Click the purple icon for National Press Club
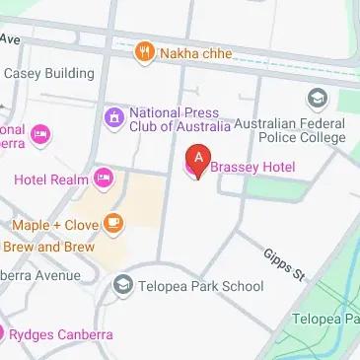click(114, 118)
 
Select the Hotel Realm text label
click(49, 179)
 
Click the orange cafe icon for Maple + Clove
click(113, 223)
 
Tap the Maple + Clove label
click(55, 224)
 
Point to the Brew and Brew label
click(49, 246)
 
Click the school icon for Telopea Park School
click(123, 286)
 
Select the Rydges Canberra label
click(61, 334)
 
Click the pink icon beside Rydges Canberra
click(3, 334)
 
